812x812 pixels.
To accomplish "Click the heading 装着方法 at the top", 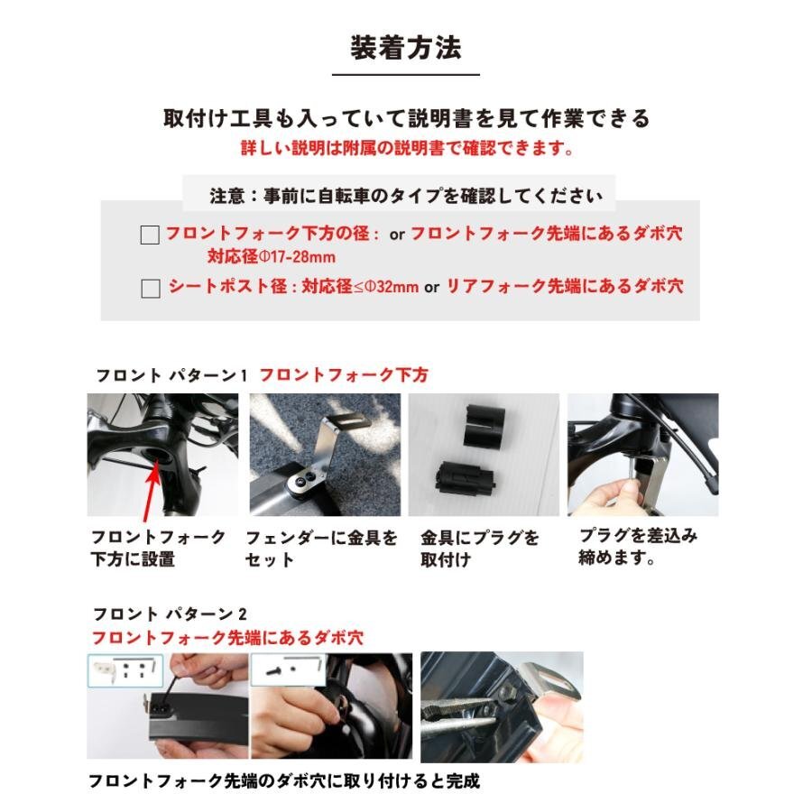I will [405, 46].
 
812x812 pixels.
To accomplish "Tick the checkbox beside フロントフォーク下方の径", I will [150, 235].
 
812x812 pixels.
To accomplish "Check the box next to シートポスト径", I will [151, 289].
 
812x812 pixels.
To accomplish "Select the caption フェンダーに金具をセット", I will [321, 548].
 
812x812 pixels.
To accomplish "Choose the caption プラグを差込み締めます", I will [637, 546].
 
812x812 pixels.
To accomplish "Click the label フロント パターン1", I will [171, 374].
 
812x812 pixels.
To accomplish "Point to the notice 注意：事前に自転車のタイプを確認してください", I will [406, 195].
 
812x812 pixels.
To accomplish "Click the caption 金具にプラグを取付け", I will [479, 548].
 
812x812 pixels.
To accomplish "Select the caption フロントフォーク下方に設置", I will [158, 548].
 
